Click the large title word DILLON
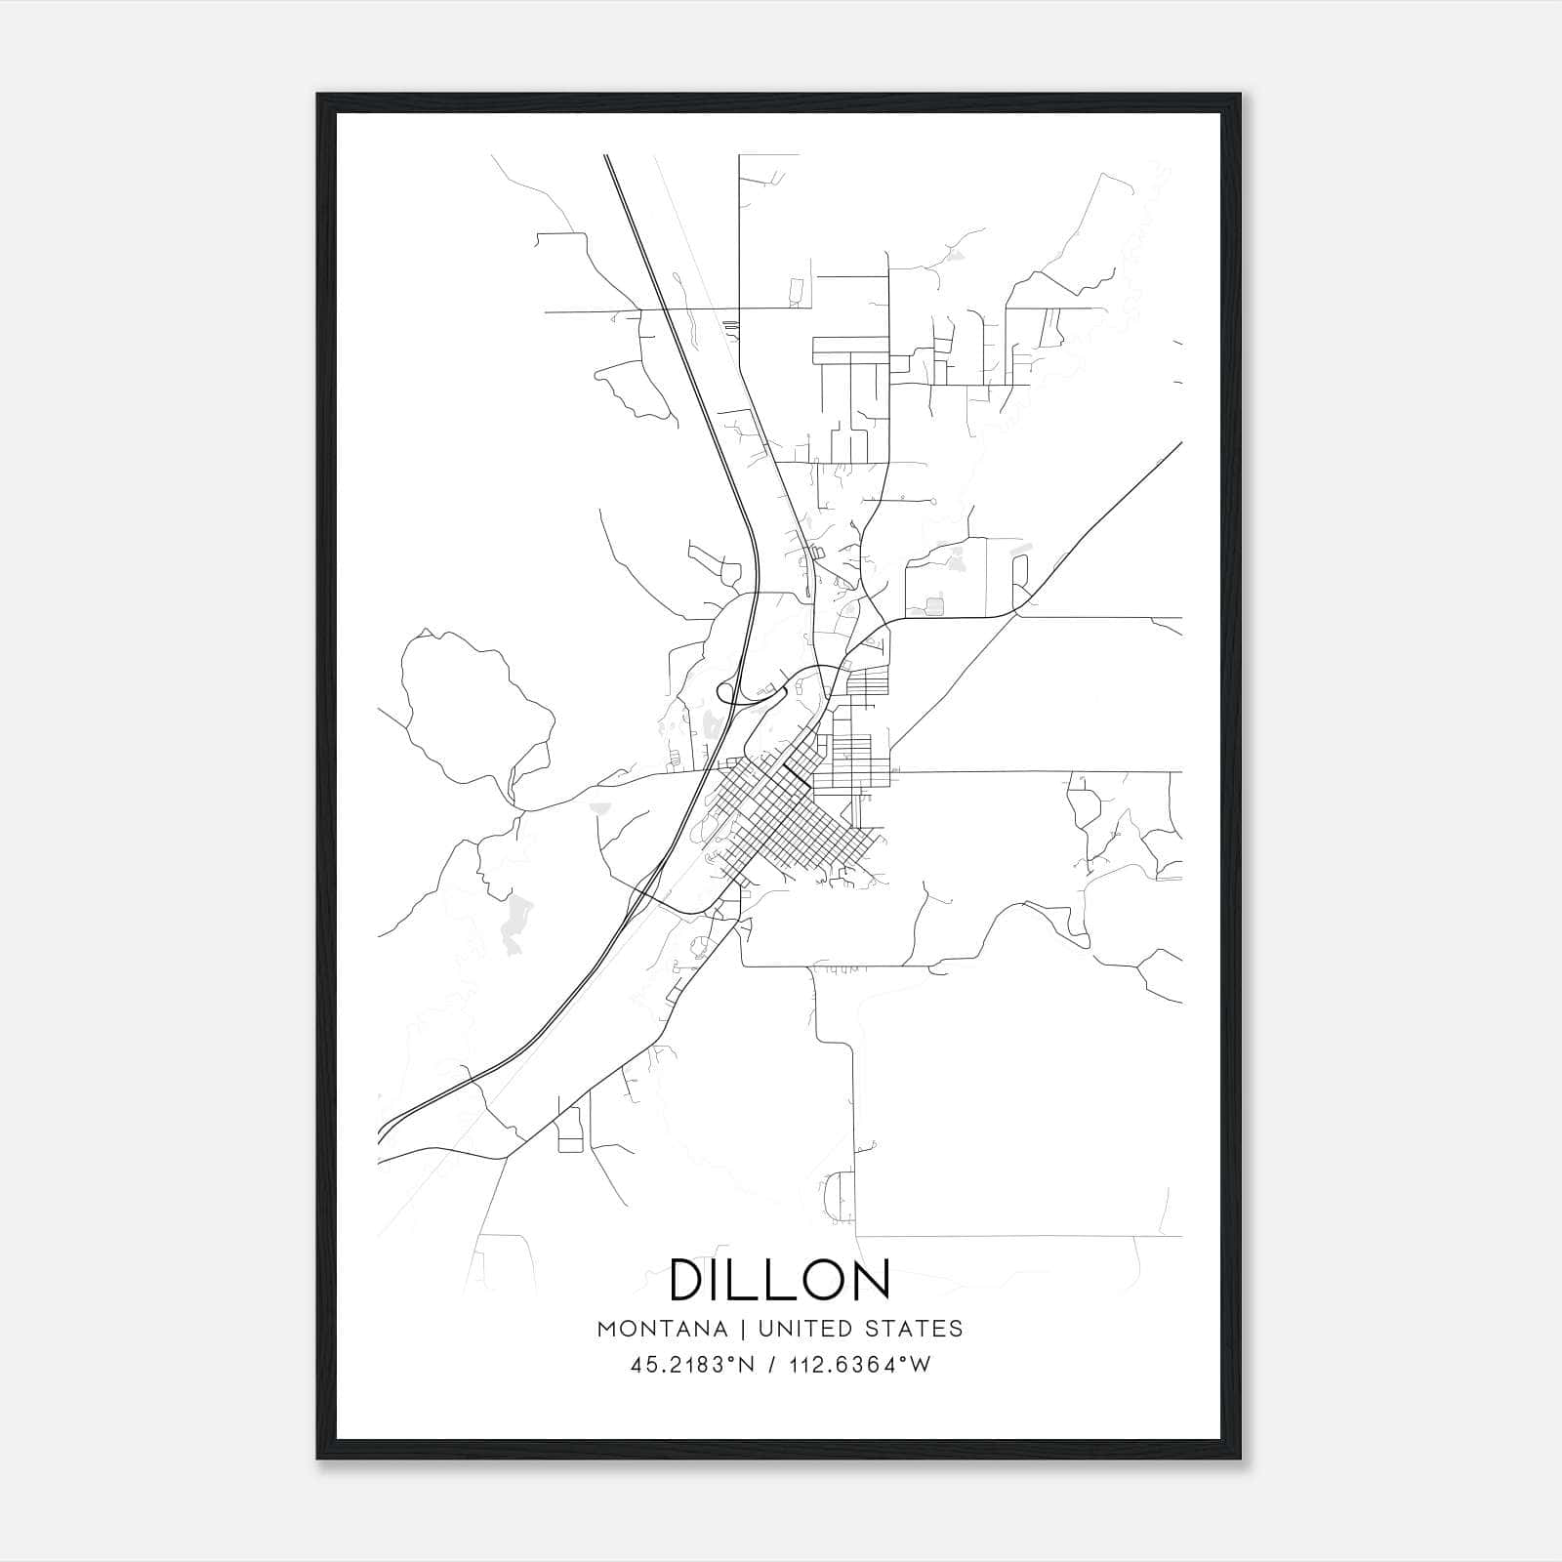(x=780, y=1280)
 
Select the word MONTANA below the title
(x=662, y=1329)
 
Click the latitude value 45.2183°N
(x=693, y=1365)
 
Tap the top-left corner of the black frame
(x=319, y=96)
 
